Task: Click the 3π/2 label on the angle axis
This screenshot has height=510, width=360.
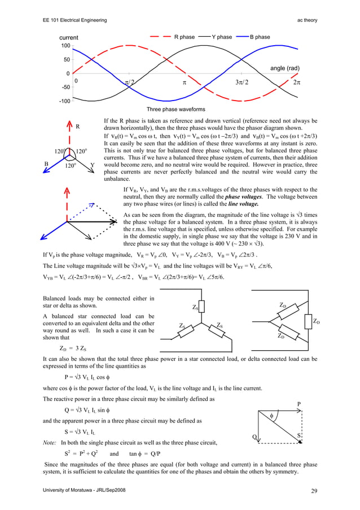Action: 241,82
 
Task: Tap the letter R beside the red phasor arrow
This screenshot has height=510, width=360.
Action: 79,127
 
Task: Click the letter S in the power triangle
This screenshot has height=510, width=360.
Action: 298,435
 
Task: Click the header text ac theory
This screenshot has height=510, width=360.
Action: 307,20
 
